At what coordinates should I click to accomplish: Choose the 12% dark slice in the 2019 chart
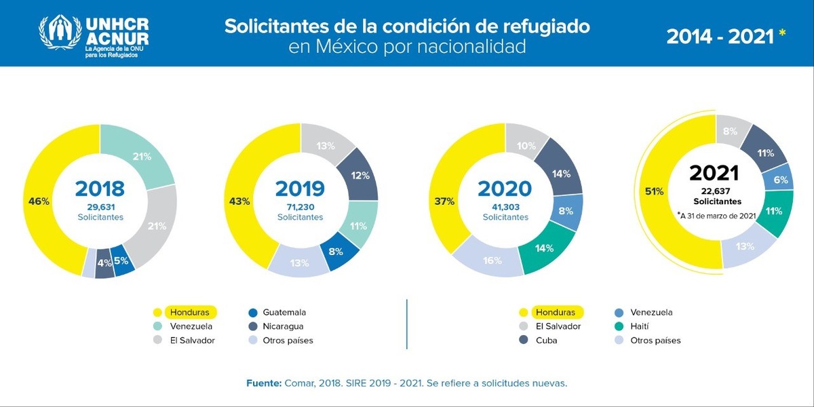click(x=360, y=176)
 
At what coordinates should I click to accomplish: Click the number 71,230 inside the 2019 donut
click(x=300, y=206)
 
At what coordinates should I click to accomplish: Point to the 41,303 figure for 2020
click(x=505, y=206)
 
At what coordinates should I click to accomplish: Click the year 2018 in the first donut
click(x=100, y=189)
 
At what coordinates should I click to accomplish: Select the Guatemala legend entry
click(x=284, y=312)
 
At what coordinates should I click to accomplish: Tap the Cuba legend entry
click(x=546, y=340)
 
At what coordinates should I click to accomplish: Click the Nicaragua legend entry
click(x=283, y=326)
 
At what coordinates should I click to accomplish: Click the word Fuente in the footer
click(x=263, y=383)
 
